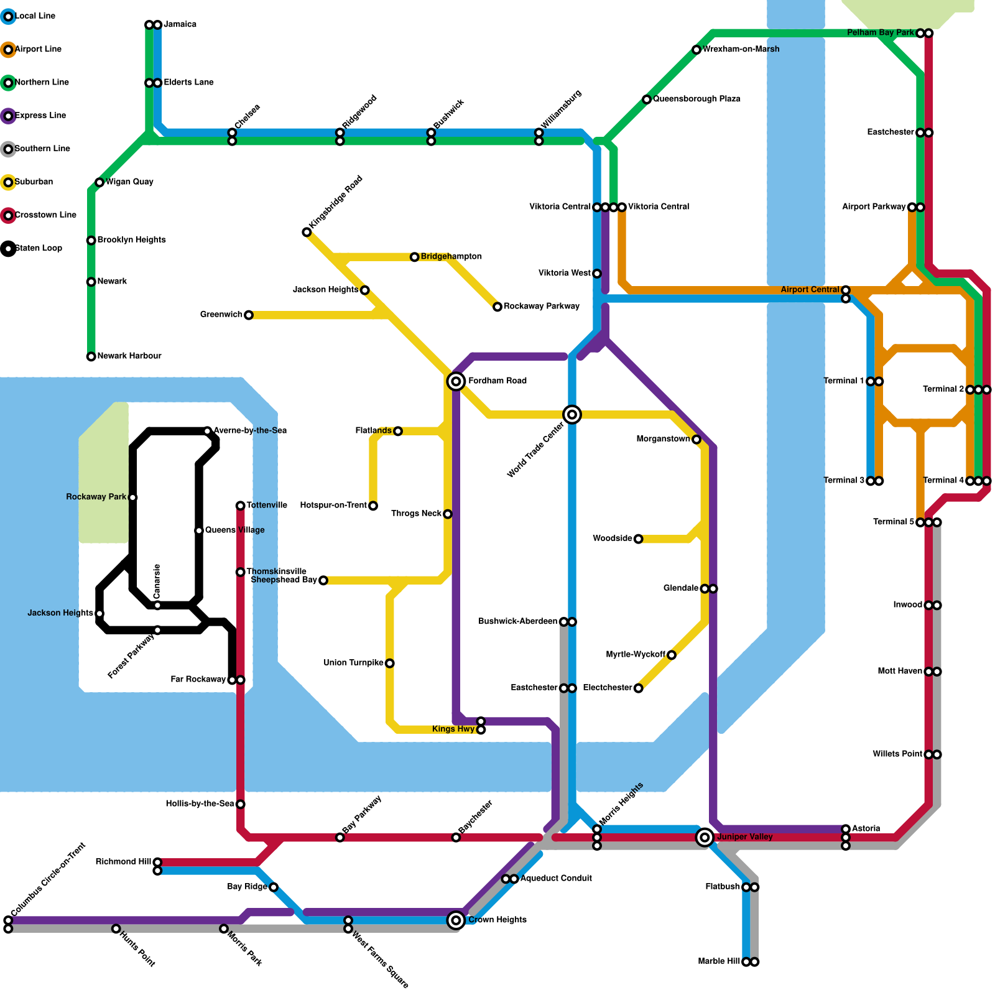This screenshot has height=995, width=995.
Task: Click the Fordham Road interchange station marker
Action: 456,381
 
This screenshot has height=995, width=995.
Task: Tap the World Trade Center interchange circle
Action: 572,414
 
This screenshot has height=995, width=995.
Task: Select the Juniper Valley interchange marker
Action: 705,838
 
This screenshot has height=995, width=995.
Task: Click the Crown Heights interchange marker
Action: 456,920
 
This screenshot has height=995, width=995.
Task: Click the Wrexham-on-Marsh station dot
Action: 696,50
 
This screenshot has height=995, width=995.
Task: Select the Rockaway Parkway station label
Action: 542,306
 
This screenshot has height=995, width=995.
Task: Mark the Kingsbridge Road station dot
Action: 307,232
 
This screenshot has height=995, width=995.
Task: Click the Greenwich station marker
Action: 249,315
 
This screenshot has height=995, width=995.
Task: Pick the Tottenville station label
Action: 267,505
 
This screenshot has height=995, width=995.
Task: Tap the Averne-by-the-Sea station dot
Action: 208,431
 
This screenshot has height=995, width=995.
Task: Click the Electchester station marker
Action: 638,688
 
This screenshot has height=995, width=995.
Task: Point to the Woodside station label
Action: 612,538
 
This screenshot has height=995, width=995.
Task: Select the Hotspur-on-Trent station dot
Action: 373,506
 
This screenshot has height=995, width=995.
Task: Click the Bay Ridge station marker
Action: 274,887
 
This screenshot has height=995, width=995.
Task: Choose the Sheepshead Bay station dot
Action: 323,580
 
